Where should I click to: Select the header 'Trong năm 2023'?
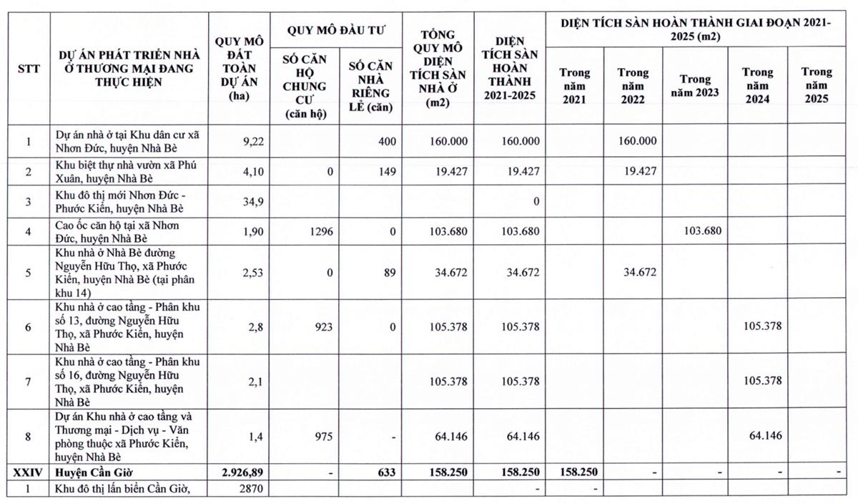point(691,85)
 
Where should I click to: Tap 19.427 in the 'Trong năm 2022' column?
point(633,171)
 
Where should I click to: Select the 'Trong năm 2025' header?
point(816,85)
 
